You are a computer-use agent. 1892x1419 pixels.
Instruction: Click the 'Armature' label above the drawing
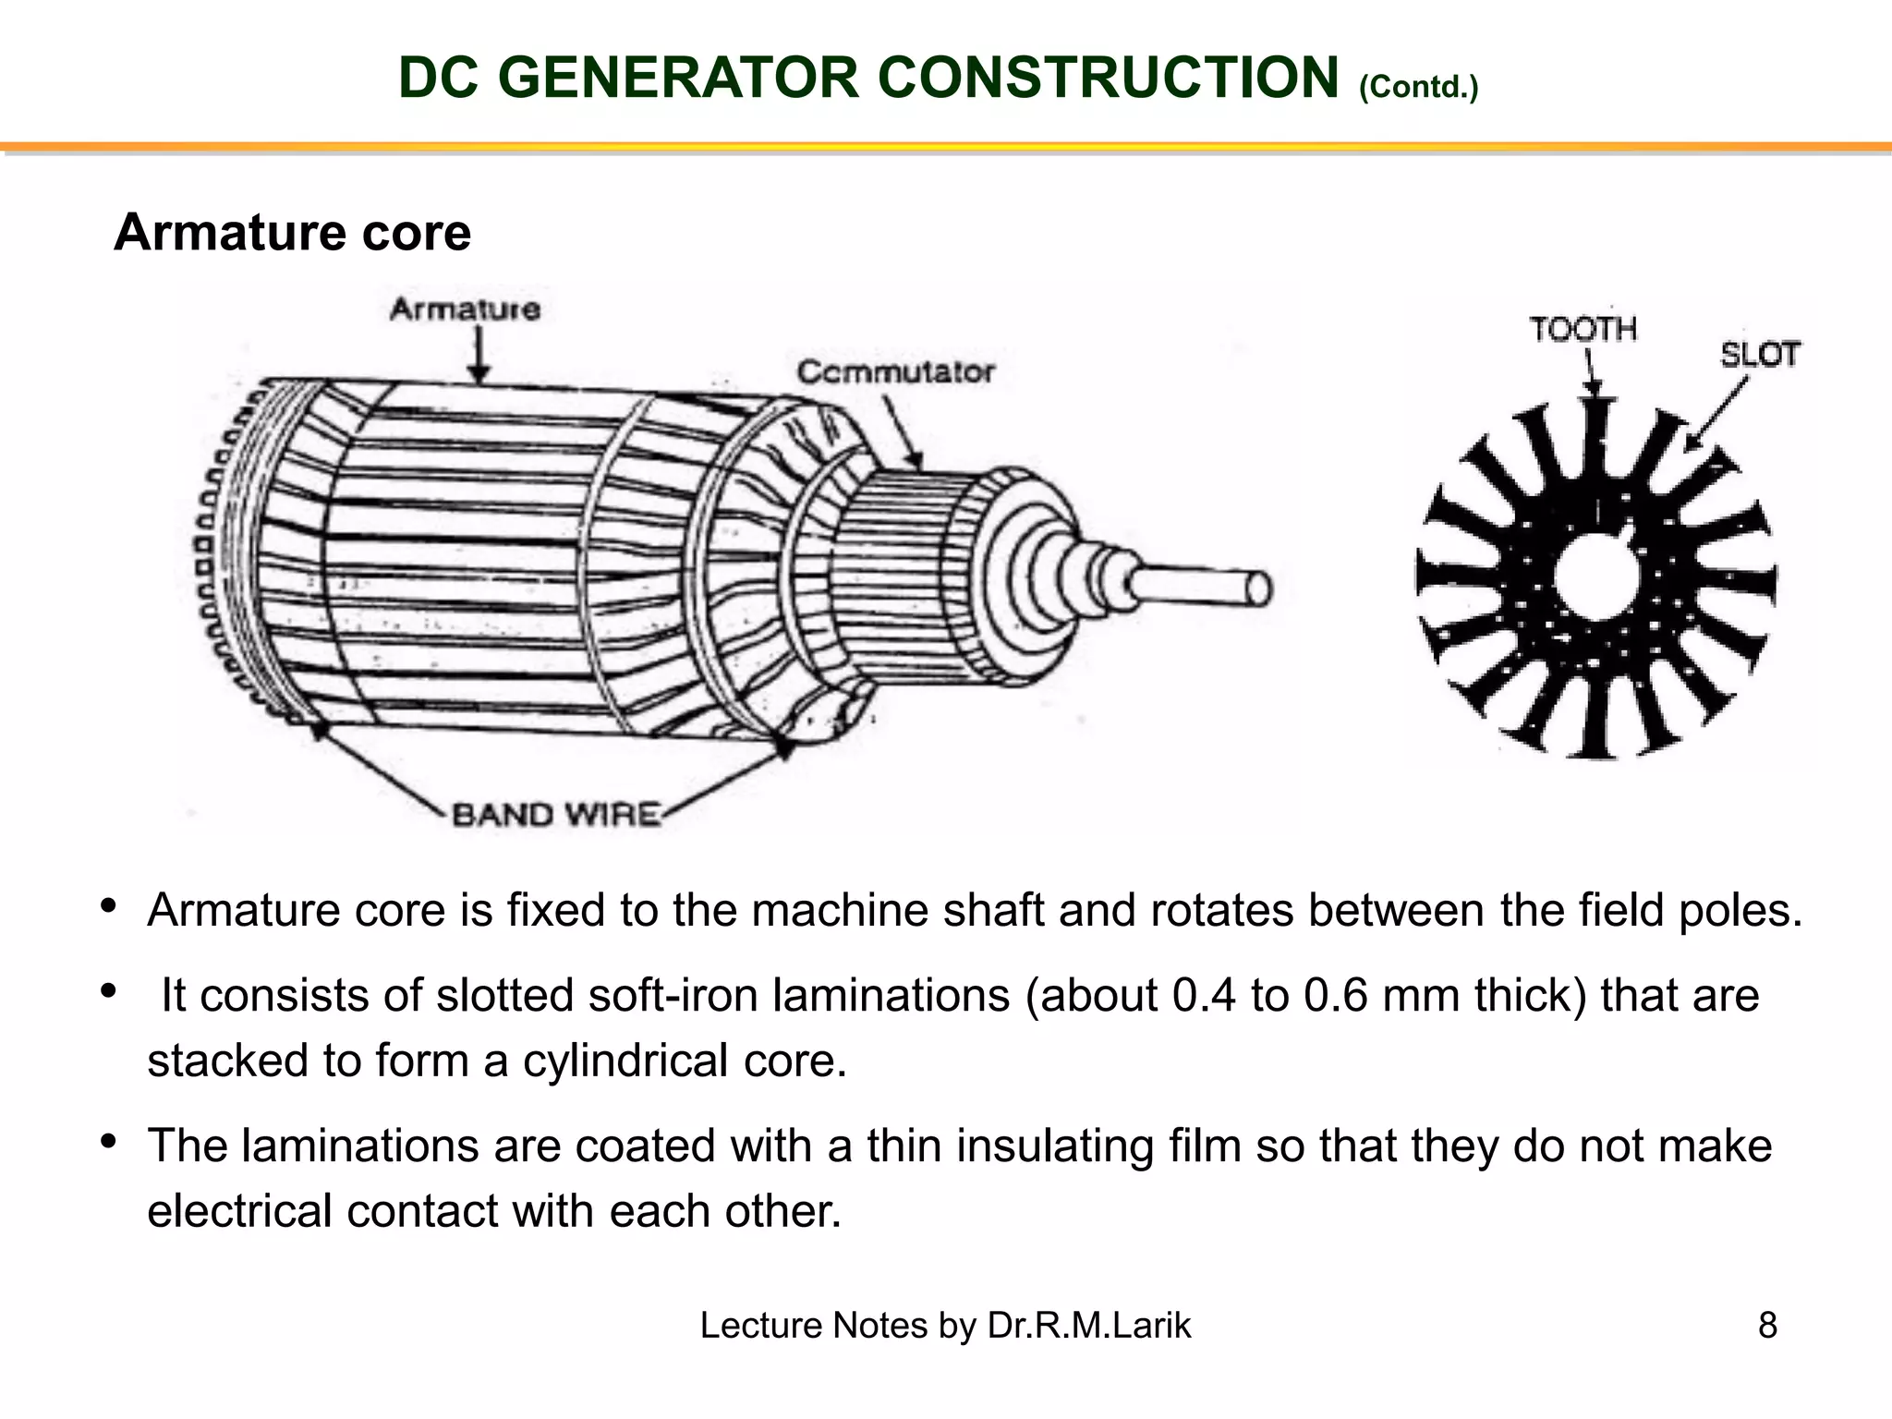[x=465, y=309]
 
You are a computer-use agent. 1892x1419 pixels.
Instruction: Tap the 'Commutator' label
[x=895, y=372]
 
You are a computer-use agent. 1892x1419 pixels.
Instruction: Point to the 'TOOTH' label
[x=1583, y=329]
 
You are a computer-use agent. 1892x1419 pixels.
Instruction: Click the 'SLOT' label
[x=1759, y=354]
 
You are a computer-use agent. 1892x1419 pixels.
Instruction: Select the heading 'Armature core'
[x=292, y=232]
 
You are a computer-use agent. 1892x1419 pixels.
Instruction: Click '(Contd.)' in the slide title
[x=1418, y=88]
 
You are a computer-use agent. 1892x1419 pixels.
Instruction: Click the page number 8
[x=1767, y=1325]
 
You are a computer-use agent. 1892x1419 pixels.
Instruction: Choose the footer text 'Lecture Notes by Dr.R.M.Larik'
[x=945, y=1325]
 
